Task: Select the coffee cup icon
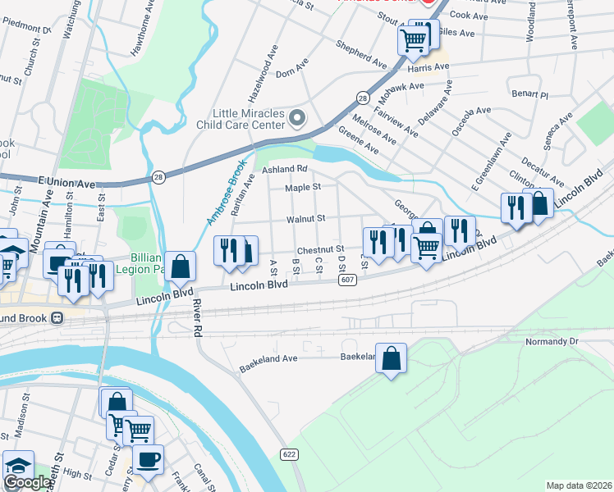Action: pyautogui.click(x=148, y=460)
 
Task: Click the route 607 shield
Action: pyautogui.click(x=347, y=281)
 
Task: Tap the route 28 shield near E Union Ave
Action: pyautogui.click(x=158, y=177)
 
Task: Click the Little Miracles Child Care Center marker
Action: pyautogui.click(x=297, y=119)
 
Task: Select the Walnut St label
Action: pyautogui.click(x=306, y=219)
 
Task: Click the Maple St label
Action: pyautogui.click(x=302, y=188)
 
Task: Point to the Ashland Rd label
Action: pyautogui.click(x=284, y=169)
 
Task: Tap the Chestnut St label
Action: pyautogui.click(x=319, y=249)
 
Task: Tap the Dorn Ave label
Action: pyautogui.click(x=291, y=73)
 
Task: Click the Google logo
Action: pyautogui.click(x=26, y=483)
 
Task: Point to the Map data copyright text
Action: pyautogui.click(x=579, y=485)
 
